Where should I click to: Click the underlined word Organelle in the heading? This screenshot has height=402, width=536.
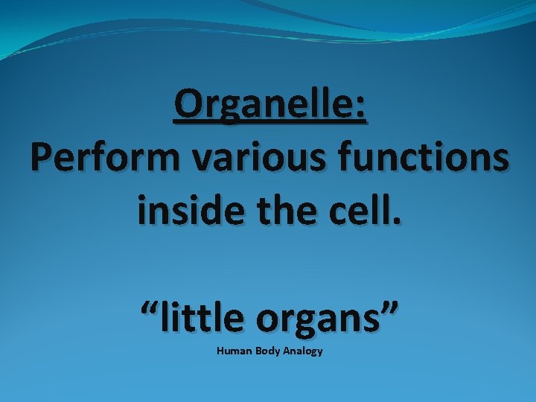point(262,106)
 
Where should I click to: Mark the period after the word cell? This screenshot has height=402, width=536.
point(396,223)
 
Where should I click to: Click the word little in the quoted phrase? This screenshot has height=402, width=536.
point(202,319)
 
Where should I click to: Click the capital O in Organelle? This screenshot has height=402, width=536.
point(188,106)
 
